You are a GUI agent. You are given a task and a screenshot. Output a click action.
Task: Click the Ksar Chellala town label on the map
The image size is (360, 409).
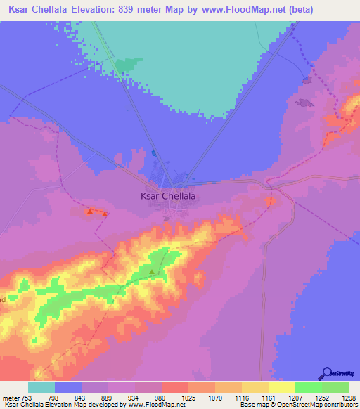(164, 197)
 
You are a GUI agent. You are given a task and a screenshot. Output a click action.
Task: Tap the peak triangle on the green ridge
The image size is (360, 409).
(151, 271)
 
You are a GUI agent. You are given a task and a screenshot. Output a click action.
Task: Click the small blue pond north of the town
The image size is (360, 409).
(154, 152)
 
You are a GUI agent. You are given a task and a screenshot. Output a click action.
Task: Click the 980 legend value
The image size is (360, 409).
(162, 398)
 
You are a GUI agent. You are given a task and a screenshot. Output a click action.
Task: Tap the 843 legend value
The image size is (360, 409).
(82, 398)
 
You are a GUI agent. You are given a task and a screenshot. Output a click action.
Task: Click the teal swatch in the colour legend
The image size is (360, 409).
(41, 387)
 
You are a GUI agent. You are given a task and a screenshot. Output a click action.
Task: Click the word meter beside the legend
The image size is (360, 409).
(11, 398)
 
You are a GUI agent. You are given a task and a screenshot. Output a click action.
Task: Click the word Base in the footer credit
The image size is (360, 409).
(247, 405)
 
